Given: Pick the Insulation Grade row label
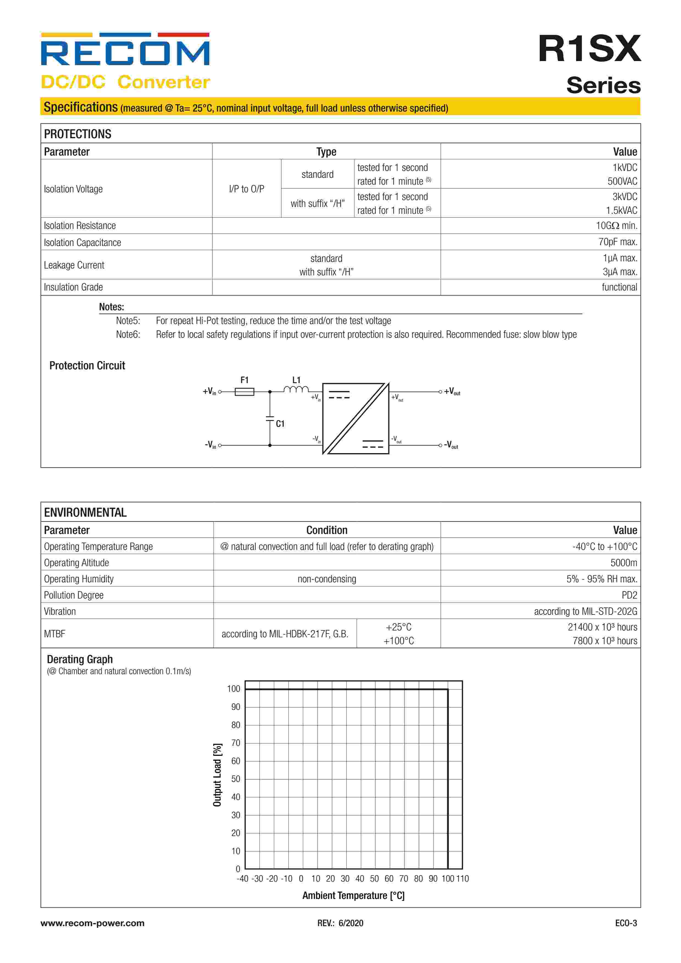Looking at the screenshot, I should coord(73,287).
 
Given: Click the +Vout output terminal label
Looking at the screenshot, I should coord(452,391).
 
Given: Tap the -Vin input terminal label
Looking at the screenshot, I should coord(210,445).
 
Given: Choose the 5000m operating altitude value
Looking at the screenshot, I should coord(624,563).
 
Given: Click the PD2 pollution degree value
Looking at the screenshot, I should coord(629,595).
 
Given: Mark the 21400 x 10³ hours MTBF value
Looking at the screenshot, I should coord(602,627).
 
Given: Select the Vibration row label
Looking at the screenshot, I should coord(60,611).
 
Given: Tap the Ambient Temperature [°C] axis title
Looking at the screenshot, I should coord(353,895).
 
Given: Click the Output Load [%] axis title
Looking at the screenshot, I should coord(217,775).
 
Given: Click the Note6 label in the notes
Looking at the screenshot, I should coord(128,335).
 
